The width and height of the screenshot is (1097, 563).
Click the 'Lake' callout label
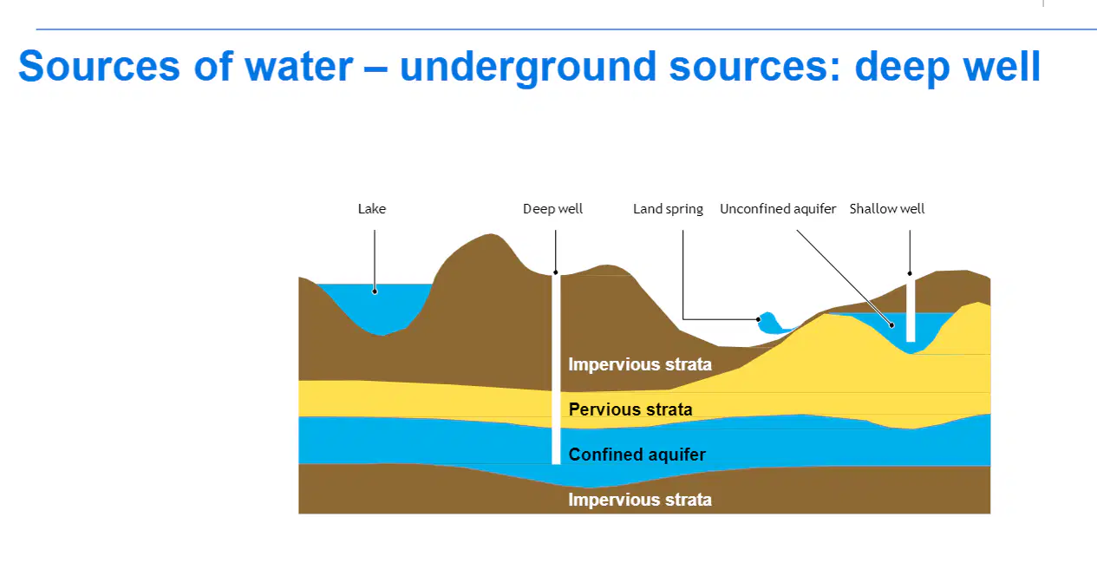pos(372,209)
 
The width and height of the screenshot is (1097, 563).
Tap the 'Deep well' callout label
pos(552,209)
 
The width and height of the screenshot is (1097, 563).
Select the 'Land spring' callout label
pos(668,209)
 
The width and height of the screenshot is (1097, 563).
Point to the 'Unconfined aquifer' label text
pos(778,209)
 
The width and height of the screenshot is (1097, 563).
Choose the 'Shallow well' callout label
pos(887,209)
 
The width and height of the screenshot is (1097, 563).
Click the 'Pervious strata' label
pos(630,409)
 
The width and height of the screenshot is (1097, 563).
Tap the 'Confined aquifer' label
pos(637,455)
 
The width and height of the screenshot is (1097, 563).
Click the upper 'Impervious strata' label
pos(640,364)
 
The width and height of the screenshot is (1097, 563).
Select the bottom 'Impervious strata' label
pos(640,500)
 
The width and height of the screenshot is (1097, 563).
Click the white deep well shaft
pos(556,369)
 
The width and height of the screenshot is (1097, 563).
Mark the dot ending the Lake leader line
pos(375,291)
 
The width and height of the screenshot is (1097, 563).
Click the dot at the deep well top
pos(555,272)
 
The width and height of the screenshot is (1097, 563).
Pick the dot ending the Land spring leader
pos(759,319)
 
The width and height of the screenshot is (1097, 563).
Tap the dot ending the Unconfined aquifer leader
pos(891,324)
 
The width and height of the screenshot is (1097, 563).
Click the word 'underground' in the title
pos(527,67)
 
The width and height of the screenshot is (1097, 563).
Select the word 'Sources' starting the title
pos(100,66)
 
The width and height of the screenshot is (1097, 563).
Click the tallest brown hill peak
pos(490,235)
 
